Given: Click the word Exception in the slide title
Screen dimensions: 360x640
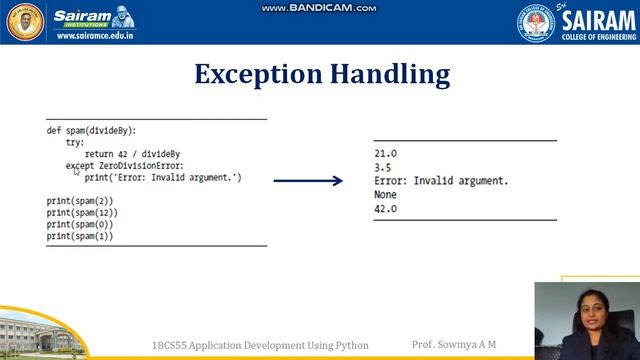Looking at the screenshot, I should pos(255,74).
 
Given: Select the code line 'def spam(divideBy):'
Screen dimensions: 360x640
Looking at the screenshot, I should pos(90,131).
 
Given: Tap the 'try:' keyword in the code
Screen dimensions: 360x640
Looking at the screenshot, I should pos(75,143).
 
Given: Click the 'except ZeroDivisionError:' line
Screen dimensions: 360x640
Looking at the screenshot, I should pos(125,166).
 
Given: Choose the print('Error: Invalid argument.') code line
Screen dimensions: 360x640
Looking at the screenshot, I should pos(163,177).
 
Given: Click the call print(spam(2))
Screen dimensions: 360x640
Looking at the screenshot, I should pos(80,201).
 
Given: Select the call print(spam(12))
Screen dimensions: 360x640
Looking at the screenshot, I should pos(82,213).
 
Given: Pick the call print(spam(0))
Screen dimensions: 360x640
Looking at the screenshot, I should pos(80,225).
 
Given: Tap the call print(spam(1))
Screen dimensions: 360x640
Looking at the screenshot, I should pos(80,237).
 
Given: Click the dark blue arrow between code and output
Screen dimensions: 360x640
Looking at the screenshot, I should pos(308,181).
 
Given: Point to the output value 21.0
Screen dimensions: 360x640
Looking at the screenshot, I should pos(385,153).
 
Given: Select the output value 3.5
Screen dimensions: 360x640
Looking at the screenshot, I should pos(382,168).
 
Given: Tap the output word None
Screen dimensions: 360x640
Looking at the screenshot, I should pos(385,195).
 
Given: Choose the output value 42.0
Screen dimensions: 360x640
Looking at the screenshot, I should pos(385,209).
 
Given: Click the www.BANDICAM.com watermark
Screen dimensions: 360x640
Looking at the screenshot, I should pos(319,8).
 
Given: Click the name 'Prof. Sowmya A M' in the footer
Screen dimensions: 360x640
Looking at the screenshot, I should pos(454,345).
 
